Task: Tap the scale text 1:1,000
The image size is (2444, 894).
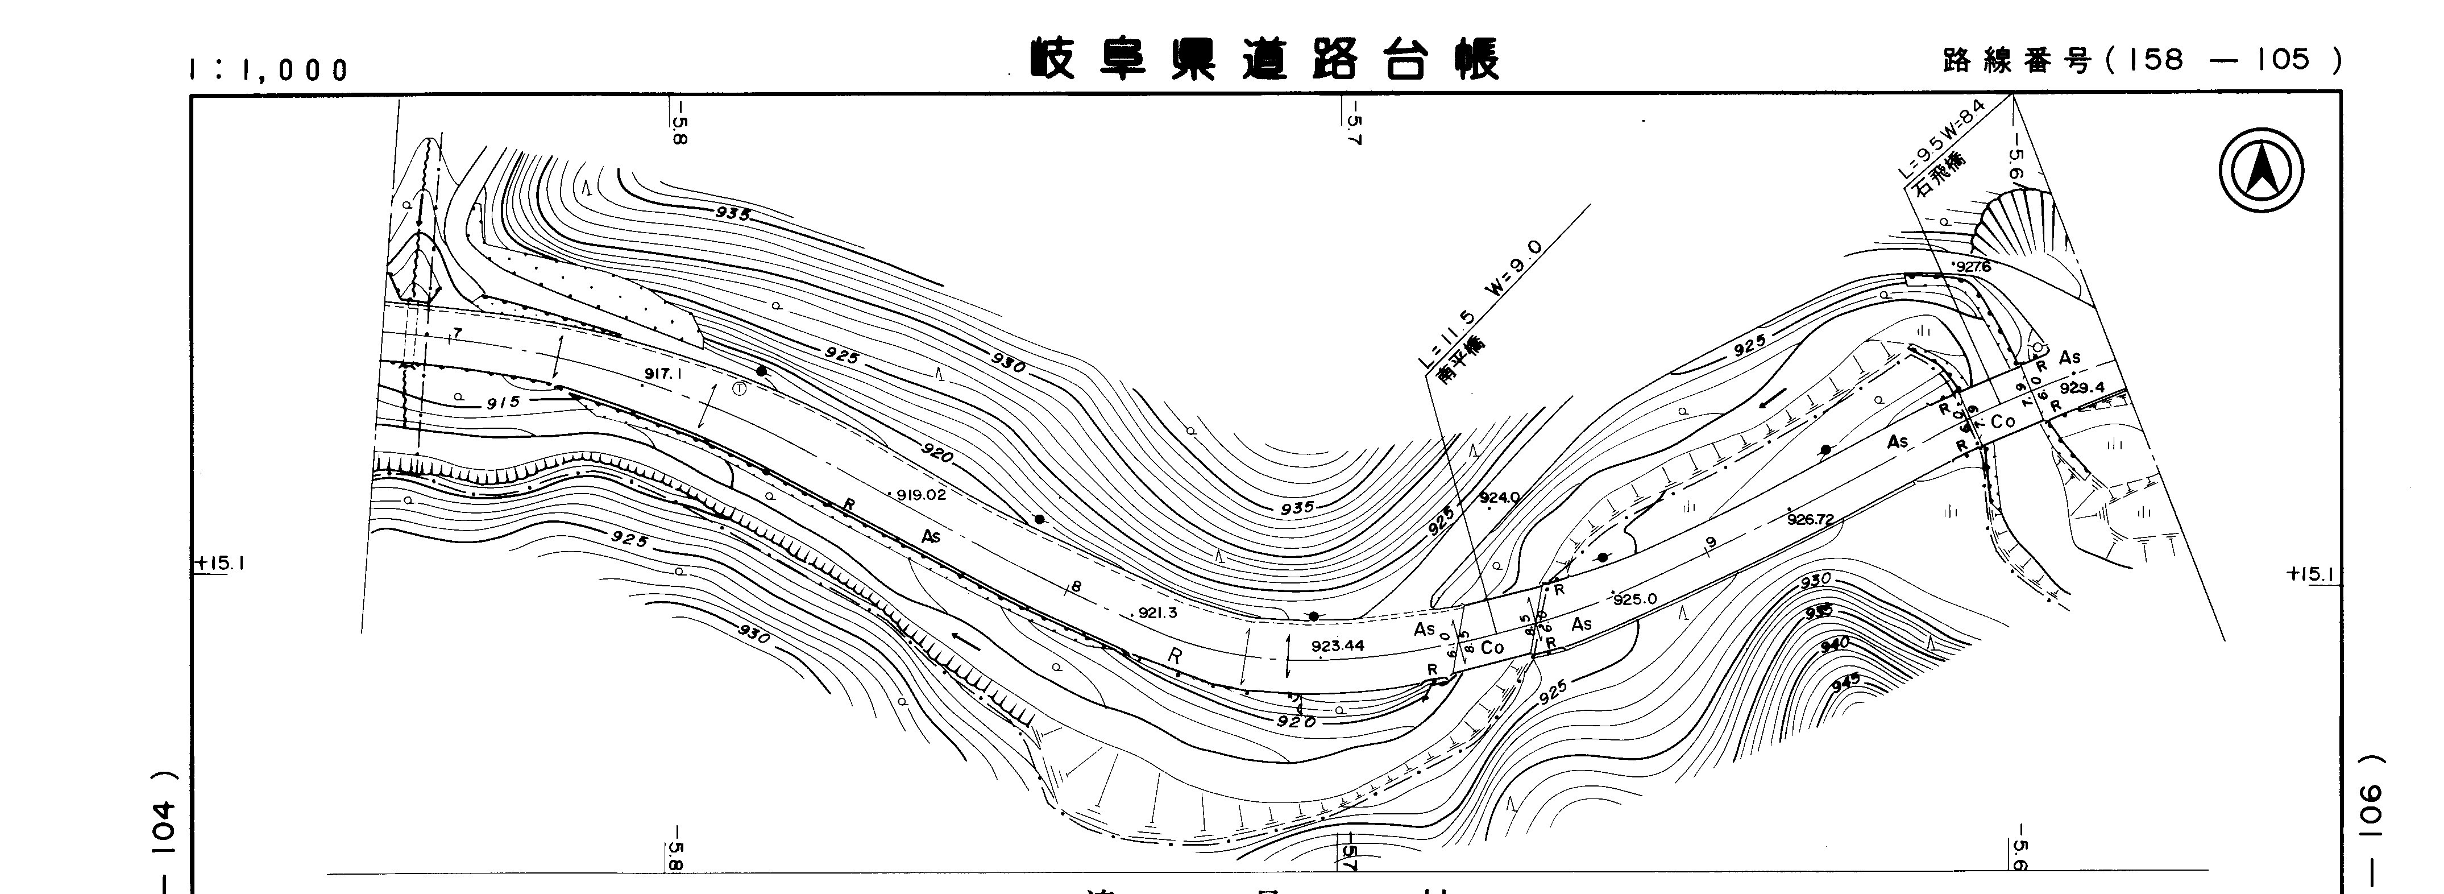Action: point(268,70)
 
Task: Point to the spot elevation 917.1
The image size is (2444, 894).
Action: point(663,374)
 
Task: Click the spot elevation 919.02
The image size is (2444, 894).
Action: point(921,494)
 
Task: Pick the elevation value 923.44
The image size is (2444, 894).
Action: point(1338,646)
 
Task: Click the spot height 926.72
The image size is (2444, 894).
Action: point(1810,519)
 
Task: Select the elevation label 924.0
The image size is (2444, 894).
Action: point(1499,497)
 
